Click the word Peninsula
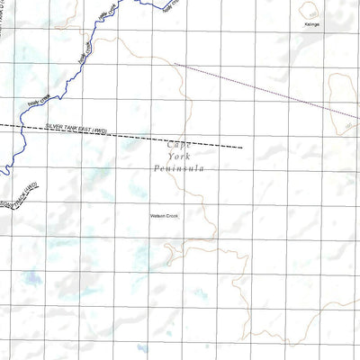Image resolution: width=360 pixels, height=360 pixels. tap(180, 168)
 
